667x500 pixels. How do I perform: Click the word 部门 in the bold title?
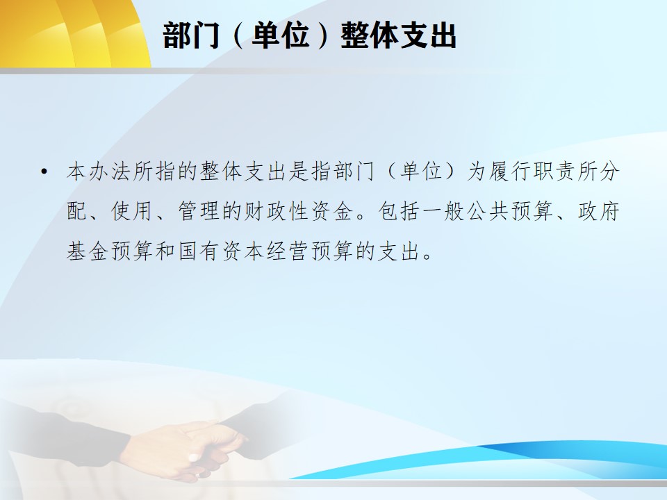(x=191, y=35)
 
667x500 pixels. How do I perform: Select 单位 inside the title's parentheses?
(x=280, y=35)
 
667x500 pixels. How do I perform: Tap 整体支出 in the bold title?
(x=398, y=35)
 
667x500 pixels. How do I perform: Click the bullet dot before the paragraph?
(x=44, y=172)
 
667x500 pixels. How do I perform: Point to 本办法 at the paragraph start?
(x=99, y=172)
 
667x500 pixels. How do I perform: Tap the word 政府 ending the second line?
(x=598, y=211)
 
